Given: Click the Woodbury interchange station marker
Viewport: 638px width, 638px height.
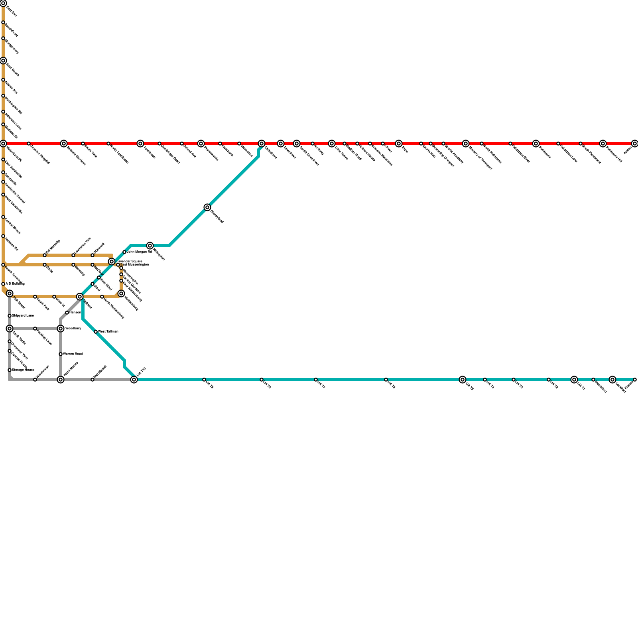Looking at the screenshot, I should [x=61, y=329].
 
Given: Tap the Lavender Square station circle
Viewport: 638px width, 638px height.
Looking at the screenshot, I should [x=112, y=262].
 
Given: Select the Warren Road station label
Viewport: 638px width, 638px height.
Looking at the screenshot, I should [x=73, y=354].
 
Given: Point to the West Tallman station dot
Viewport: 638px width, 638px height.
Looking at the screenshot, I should [x=96, y=332].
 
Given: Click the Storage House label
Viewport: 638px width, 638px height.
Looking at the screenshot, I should [x=23, y=370].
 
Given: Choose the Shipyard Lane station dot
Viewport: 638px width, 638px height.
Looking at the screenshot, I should [x=10, y=316].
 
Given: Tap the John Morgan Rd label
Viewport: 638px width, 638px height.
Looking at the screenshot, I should [x=139, y=252].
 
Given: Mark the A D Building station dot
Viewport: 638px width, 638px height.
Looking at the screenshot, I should [x=3, y=284].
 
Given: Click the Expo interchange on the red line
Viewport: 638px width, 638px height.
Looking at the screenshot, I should [x=399, y=144].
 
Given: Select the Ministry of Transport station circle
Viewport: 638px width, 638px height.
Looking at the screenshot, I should [x=466, y=144].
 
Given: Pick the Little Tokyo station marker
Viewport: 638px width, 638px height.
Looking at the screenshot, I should [x=332, y=144].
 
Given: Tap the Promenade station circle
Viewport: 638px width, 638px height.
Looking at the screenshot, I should [x=201, y=144].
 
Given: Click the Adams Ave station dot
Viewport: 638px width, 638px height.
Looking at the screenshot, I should [x=3, y=80].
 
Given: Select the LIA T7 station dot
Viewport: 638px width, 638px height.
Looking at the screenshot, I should [x=316, y=380].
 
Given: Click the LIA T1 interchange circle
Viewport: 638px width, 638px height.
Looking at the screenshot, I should [x=574, y=380].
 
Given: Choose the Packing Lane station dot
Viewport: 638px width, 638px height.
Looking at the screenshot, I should [x=35, y=329].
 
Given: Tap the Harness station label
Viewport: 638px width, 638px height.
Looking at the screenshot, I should [x=75, y=312].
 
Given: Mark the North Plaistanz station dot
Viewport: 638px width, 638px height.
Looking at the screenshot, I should [x=482, y=144].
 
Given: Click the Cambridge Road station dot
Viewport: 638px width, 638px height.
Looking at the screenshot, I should [x=159, y=144].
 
